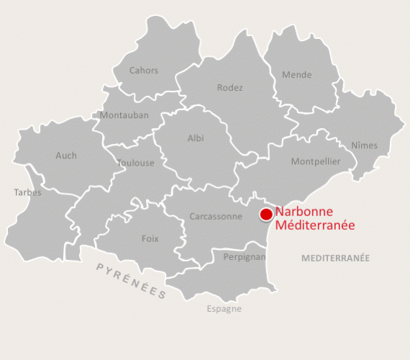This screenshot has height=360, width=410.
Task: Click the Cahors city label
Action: [144, 71]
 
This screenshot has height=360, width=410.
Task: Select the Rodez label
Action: [230, 88]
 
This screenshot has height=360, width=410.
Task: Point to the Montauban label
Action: [124, 115]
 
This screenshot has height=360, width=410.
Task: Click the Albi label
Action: [196, 138]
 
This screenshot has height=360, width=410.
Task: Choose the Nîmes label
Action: [365, 145]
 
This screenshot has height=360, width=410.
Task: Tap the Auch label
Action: [66, 156]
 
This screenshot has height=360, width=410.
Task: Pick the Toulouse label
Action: [136, 163]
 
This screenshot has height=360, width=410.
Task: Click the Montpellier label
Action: [316, 162]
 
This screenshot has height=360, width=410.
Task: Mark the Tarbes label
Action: [28, 193]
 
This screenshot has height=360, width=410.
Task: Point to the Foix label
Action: [150, 239]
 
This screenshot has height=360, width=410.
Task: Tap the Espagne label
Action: [224, 309]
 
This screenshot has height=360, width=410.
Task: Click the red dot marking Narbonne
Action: [266, 214]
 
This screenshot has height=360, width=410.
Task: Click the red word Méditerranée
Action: [315, 225]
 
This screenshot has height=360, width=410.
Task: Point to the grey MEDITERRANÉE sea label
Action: [335, 258]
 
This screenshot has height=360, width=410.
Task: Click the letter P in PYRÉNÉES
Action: [100, 267]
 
